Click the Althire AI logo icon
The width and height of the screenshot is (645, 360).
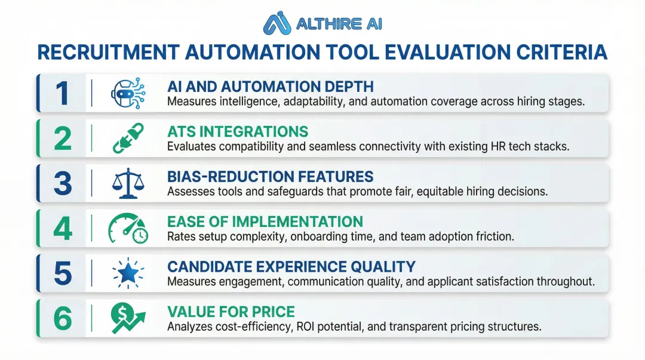click(278, 23)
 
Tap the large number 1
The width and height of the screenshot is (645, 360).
click(63, 94)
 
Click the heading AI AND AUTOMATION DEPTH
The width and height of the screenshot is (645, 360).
click(271, 87)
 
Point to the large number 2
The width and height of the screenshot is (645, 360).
click(63, 139)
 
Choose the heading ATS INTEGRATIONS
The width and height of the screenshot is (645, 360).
click(238, 132)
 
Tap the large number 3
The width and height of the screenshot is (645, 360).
click(63, 184)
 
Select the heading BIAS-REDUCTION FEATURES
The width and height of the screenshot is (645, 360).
click(271, 177)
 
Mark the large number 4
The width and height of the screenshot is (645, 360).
click(63, 229)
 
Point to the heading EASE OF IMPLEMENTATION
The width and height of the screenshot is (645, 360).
click(265, 222)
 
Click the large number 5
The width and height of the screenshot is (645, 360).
click(63, 273)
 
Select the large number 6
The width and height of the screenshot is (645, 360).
click(63, 319)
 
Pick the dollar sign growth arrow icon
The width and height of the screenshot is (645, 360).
click(127, 319)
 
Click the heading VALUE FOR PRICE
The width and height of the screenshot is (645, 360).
click(231, 312)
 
